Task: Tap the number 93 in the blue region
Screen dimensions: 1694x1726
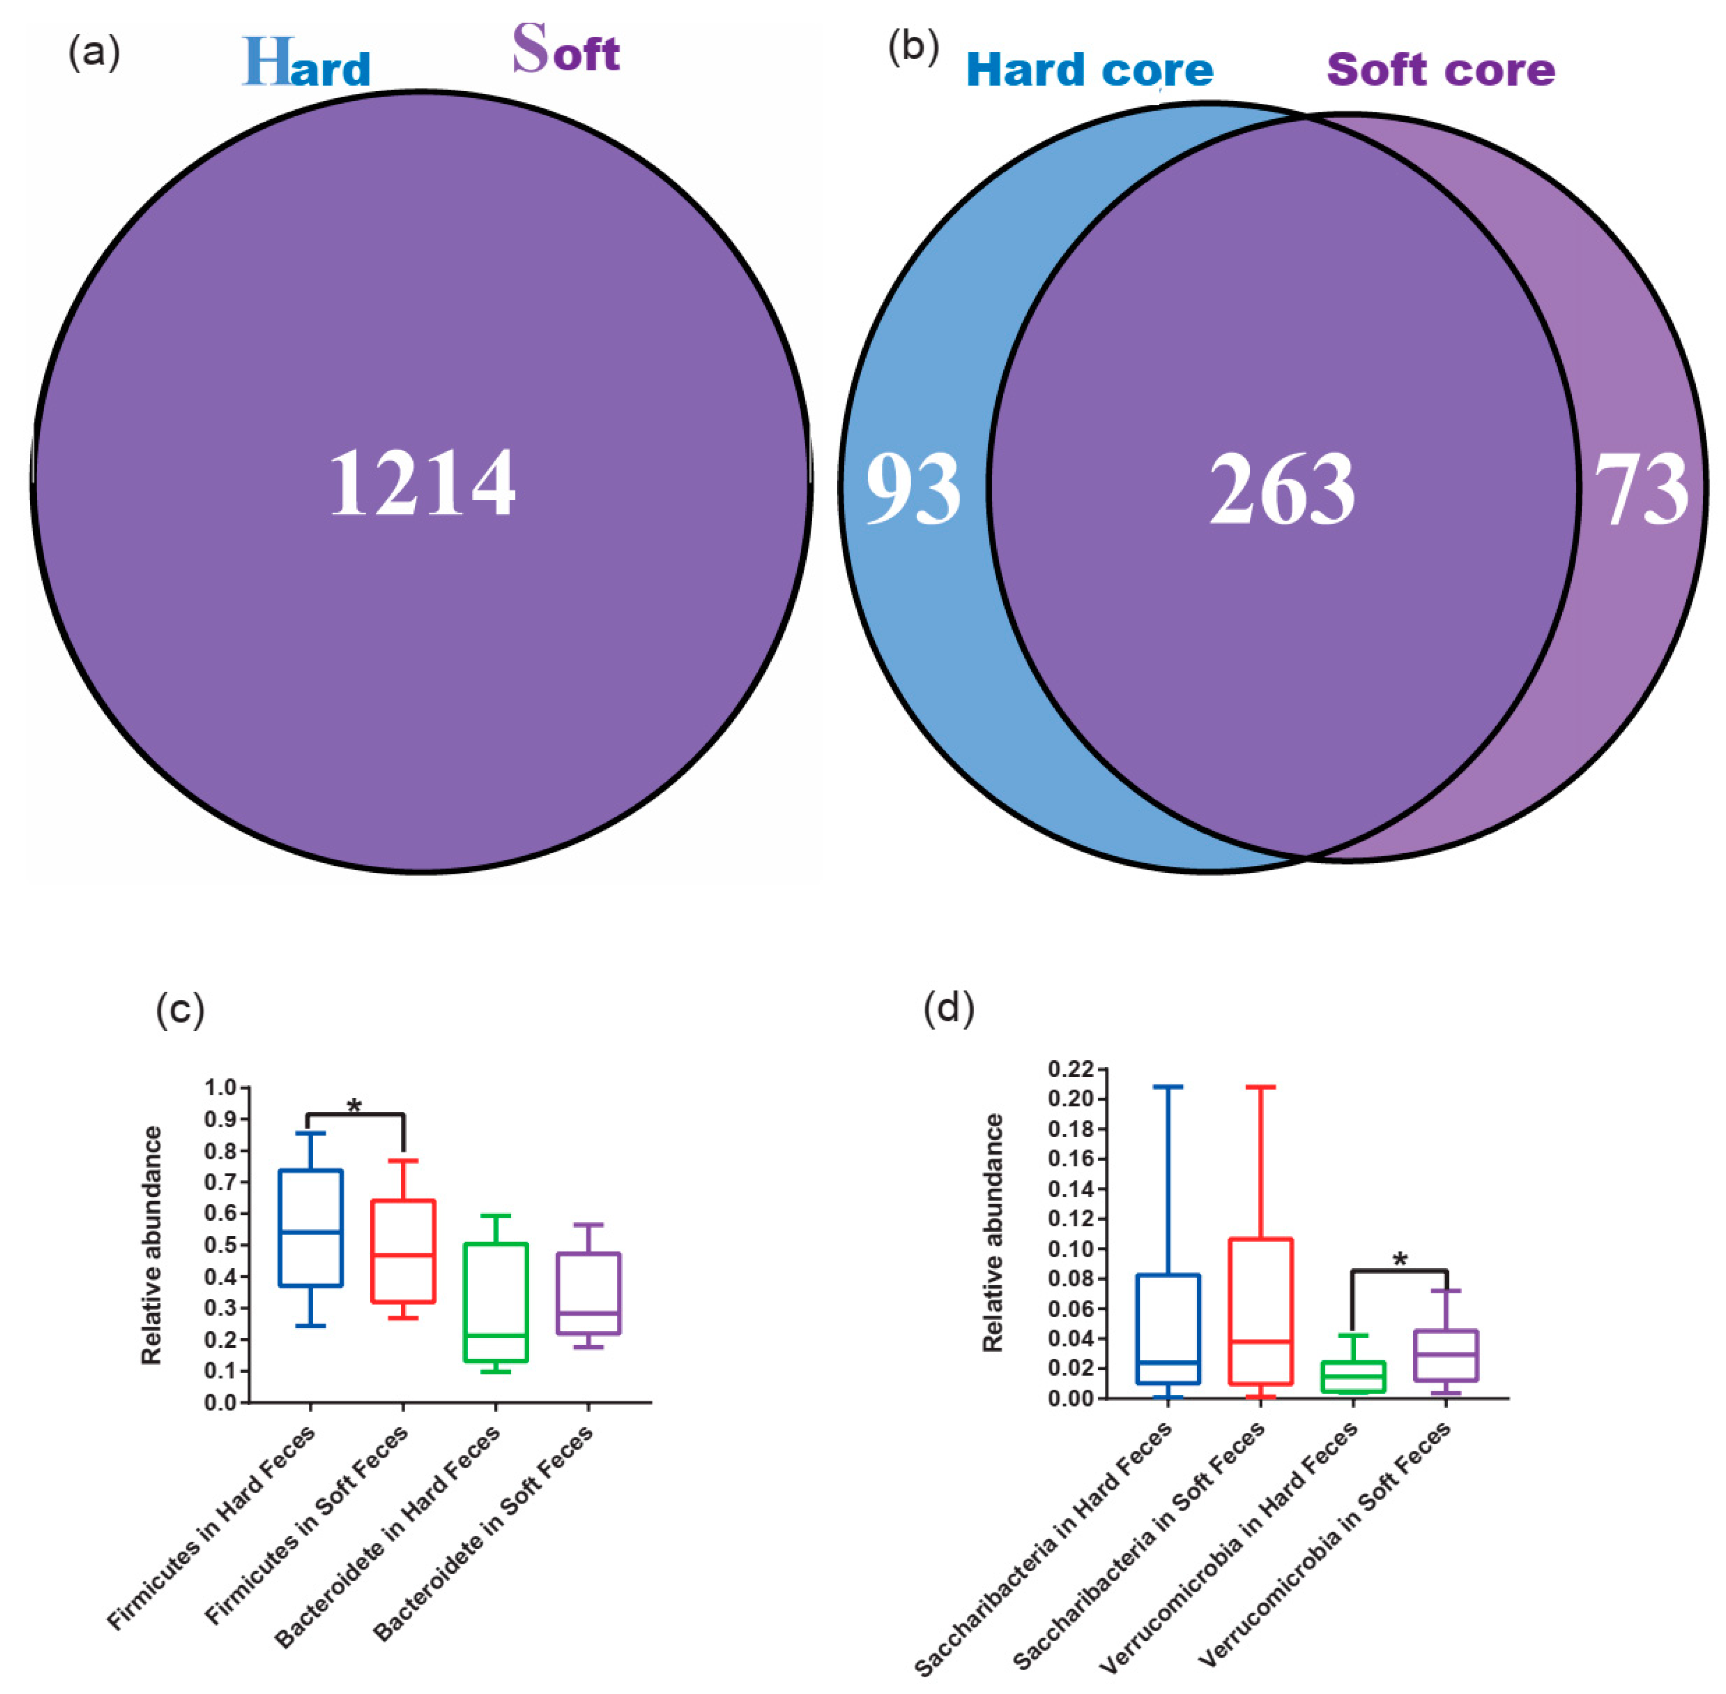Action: pos(913,488)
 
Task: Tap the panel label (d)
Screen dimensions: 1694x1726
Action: pos(949,1008)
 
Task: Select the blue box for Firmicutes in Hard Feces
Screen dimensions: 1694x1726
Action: pos(310,1228)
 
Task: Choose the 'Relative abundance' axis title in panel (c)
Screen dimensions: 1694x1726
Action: pos(152,1246)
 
